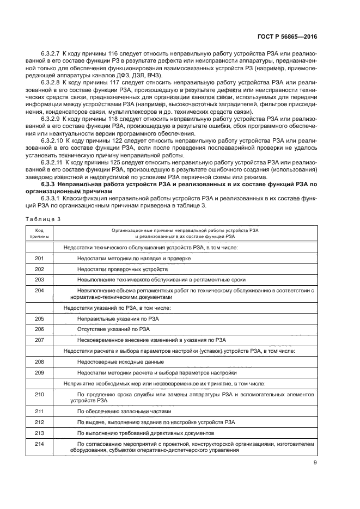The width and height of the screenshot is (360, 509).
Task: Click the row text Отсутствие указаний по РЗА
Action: tap(113, 329)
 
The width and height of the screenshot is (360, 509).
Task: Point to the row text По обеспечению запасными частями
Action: tap(124, 412)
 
